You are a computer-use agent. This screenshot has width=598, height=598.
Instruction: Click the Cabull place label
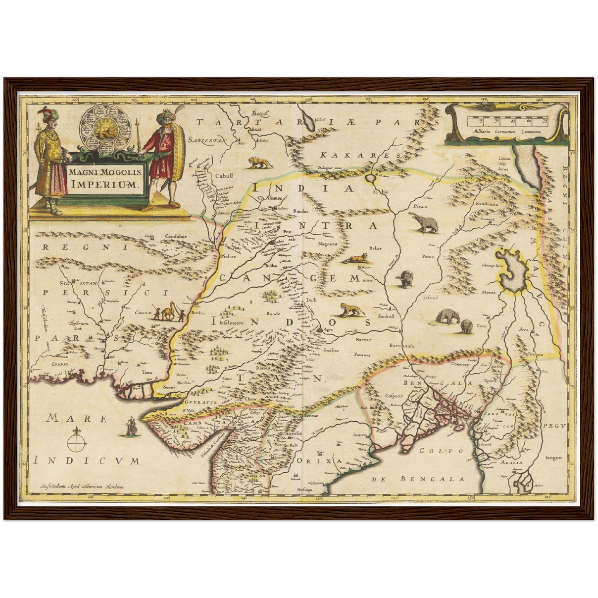224,175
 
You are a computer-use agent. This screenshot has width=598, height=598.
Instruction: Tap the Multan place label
229,256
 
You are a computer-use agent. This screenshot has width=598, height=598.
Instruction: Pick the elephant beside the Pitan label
423,223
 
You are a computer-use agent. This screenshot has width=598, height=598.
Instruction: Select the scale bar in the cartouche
507,121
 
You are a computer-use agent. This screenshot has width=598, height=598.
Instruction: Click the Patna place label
428,257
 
